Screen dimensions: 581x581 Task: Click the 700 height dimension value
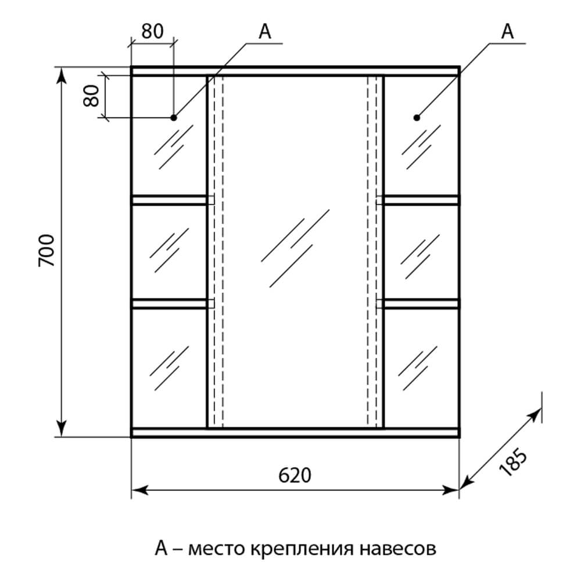pos(46,251)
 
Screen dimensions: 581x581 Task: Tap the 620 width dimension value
pos(295,475)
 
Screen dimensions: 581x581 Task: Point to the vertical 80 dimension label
pos(90,96)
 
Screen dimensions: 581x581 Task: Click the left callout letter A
pos(265,33)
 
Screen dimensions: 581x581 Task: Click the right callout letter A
pos(508,33)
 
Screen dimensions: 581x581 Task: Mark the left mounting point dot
pos(174,117)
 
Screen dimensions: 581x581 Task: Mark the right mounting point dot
pos(417,117)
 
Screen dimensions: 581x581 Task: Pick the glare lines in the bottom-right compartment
pos(417,364)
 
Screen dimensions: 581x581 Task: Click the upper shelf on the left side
pos(170,200)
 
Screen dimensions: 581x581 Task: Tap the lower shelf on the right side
pos(420,303)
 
